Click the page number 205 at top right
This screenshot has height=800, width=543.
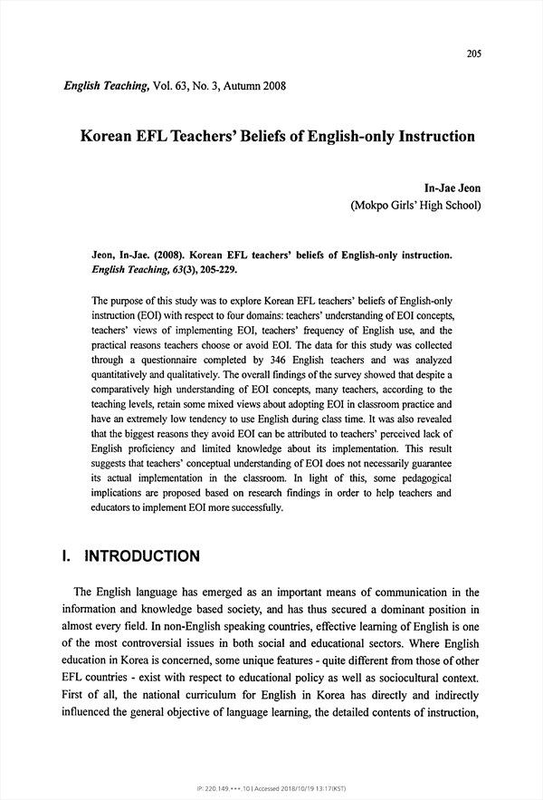point(473,53)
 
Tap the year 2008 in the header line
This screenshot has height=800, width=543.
point(272,87)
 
